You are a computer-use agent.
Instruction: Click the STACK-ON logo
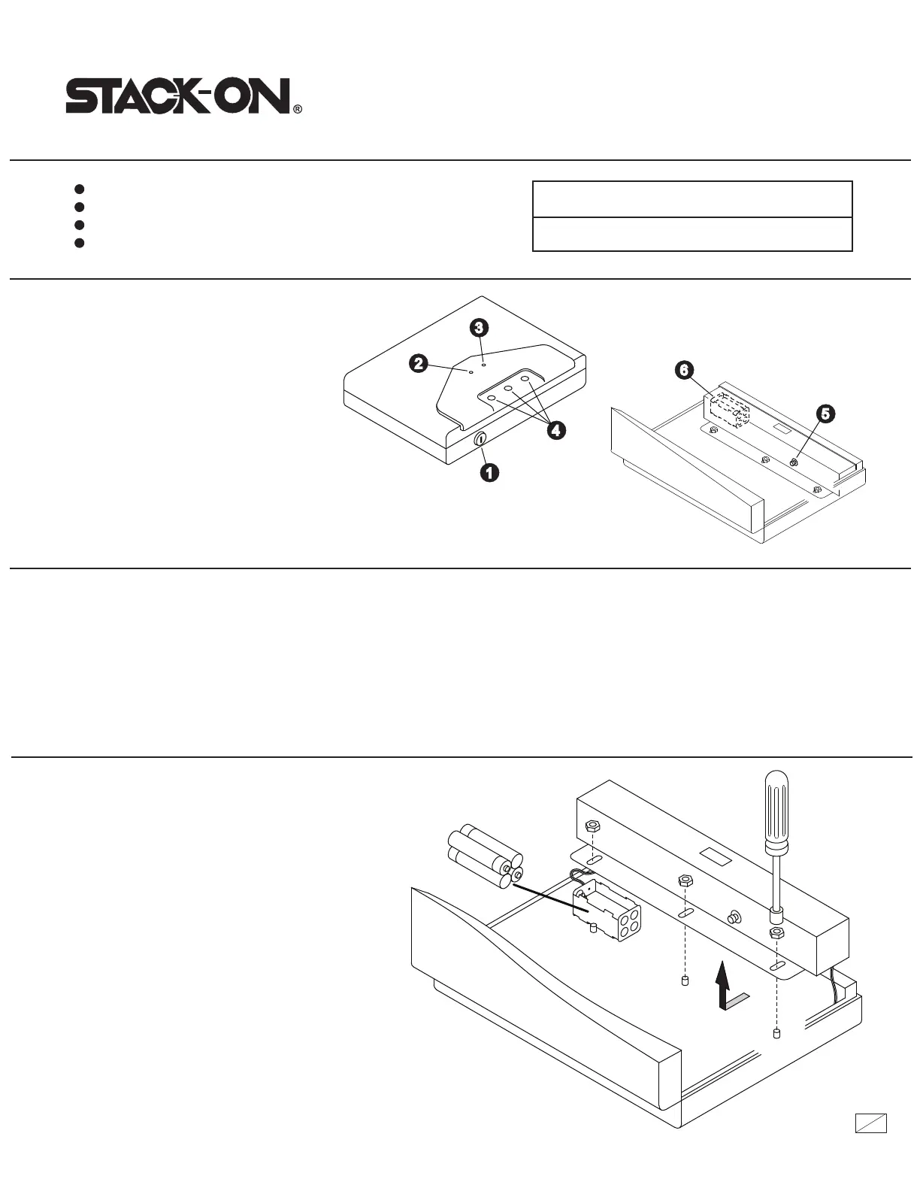[178, 98]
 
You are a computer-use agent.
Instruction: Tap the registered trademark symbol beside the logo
[298, 110]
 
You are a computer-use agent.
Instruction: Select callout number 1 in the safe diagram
[489, 472]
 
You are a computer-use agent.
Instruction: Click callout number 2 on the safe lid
[418, 364]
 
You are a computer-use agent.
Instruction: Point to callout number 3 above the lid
[479, 327]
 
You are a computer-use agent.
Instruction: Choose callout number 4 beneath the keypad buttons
[556, 430]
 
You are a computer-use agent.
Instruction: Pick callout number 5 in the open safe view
[825, 414]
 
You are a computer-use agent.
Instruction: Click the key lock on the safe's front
[480, 440]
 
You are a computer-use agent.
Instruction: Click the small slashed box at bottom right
[871, 1123]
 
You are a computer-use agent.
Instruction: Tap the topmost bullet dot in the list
[79, 189]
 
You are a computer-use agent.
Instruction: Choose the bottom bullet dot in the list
[79, 243]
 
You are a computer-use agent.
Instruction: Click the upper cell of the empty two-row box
[692, 199]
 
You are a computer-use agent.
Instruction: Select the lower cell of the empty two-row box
[692, 234]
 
